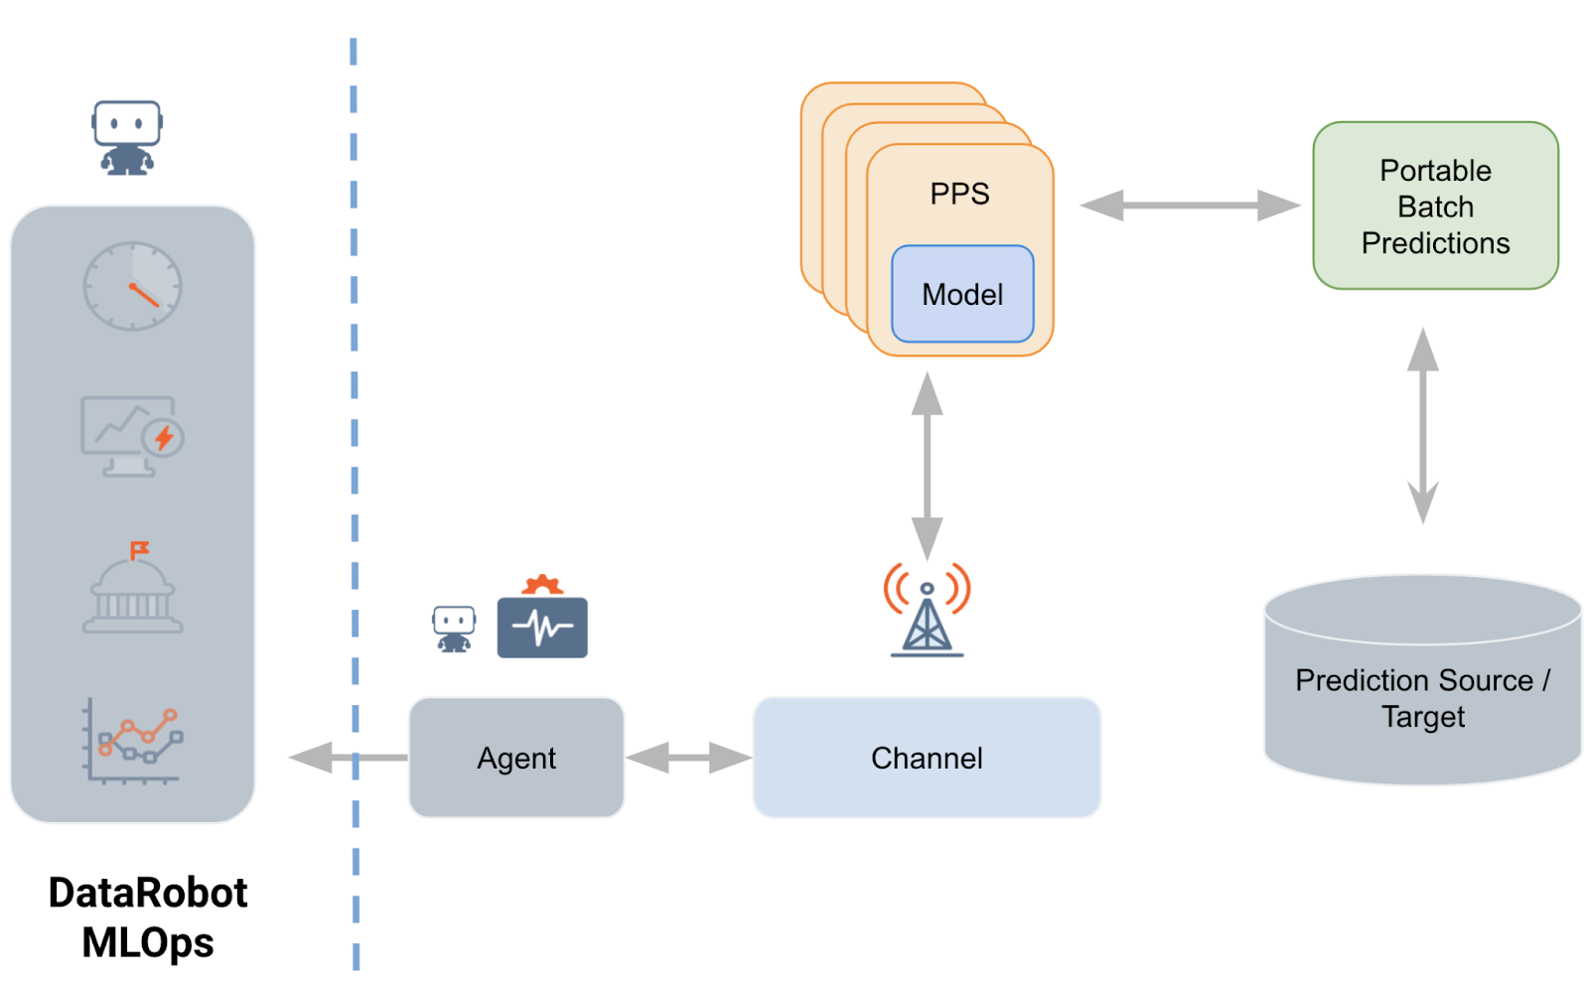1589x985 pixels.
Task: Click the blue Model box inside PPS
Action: coord(961,294)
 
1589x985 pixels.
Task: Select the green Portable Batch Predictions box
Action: coord(1435,207)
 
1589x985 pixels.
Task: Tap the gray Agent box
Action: coord(516,758)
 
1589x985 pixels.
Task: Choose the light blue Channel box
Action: coord(927,758)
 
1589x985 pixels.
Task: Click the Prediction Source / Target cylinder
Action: coord(1422,695)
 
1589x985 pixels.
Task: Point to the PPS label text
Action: coord(959,194)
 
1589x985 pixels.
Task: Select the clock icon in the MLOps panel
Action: coord(132,286)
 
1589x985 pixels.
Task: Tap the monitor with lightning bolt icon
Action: coord(131,435)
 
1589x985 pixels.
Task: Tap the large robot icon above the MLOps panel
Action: coord(127,137)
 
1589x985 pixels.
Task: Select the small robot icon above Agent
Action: coord(454,629)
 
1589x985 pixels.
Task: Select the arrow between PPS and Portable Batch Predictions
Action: coord(1190,206)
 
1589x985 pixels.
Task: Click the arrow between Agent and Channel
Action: coord(688,758)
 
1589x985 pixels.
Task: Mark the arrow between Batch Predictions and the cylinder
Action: coord(1422,425)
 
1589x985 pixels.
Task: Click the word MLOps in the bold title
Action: coord(148,942)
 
